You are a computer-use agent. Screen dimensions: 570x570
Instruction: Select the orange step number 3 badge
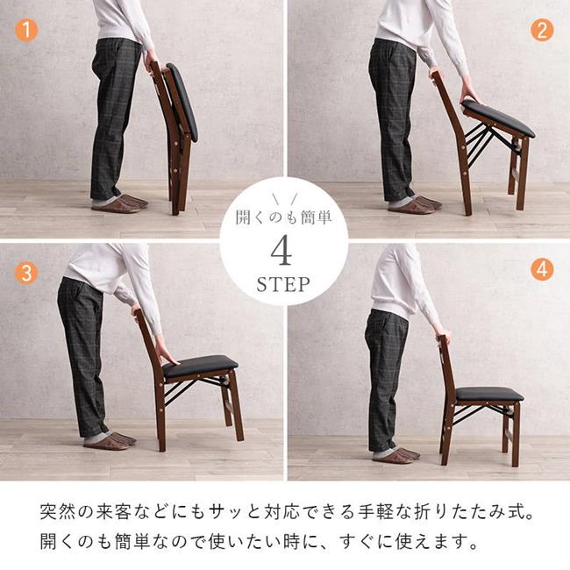click(x=27, y=272)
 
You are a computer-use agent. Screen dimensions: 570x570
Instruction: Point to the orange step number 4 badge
click(x=542, y=269)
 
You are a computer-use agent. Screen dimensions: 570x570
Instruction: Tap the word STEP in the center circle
click(x=282, y=285)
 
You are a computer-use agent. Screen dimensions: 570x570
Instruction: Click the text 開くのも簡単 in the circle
click(x=282, y=217)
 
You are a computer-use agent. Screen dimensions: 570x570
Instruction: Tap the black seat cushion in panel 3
click(x=201, y=366)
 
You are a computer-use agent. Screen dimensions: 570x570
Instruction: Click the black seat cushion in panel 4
click(x=488, y=394)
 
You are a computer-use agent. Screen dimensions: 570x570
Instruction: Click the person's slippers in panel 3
click(x=109, y=440)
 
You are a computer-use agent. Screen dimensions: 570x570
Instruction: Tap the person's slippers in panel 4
click(x=395, y=453)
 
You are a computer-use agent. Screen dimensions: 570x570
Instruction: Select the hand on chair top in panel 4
click(x=443, y=337)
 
